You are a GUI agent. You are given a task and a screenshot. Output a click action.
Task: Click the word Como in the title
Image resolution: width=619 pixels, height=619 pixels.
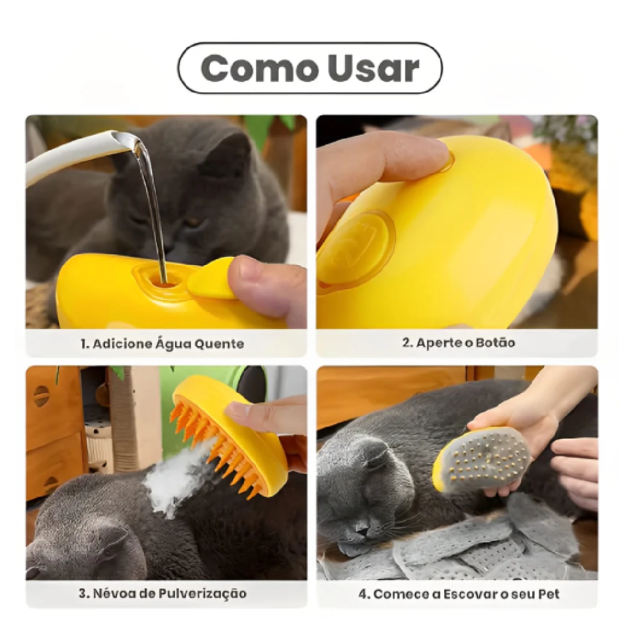tap(260, 69)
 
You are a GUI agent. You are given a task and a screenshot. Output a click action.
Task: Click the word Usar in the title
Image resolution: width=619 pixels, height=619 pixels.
tap(373, 69)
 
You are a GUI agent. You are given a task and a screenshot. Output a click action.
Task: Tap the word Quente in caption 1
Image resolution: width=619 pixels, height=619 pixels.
tap(219, 344)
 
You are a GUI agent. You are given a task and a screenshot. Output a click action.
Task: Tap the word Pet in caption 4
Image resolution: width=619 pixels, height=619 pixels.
tap(549, 593)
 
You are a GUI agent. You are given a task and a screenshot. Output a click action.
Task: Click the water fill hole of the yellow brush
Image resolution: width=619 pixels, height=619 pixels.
tap(163, 281)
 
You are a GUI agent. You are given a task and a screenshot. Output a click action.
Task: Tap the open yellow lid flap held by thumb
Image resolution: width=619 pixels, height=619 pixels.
tap(211, 278)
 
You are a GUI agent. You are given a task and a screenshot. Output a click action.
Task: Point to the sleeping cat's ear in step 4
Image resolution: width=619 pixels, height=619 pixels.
tap(367, 453)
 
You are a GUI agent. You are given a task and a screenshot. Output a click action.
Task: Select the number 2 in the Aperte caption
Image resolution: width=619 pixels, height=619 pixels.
tap(406, 343)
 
